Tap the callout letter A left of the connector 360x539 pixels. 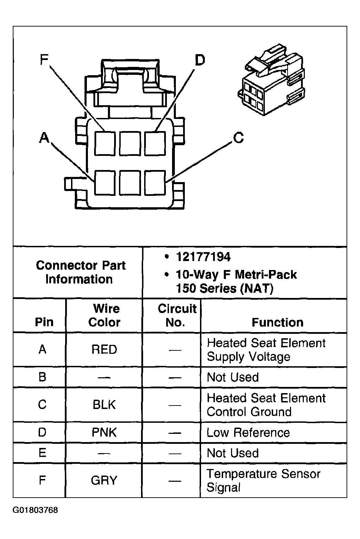click(44, 138)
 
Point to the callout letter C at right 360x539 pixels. click(238, 138)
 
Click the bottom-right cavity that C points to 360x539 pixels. click(155, 182)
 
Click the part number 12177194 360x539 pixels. click(203, 257)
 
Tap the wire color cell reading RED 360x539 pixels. click(104, 350)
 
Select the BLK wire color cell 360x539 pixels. click(104, 405)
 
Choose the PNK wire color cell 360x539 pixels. click(104, 432)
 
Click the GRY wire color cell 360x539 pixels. click(104, 480)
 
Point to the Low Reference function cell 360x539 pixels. click(248, 432)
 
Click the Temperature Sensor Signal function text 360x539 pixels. click(263, 480)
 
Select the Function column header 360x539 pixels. click(277, 322)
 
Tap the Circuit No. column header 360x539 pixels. click(177, 315)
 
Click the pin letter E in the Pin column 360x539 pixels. click(42, 453)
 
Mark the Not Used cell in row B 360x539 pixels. click(232, 377)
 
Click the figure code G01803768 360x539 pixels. click(36, 510)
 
